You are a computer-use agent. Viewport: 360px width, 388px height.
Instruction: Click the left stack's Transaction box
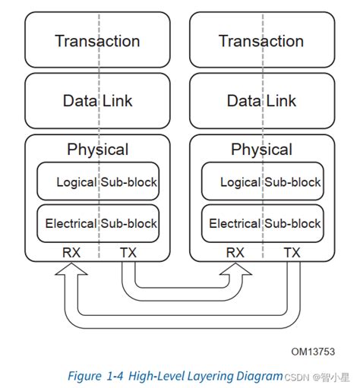tap(97, 41)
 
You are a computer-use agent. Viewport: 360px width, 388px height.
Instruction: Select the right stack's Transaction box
tap(261, 41)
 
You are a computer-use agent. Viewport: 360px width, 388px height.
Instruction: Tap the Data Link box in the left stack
tap(97, 100)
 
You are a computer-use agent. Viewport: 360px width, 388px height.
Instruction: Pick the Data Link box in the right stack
tap(261, 100)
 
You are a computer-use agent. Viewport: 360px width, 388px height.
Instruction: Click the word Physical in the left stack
tap(97, 150)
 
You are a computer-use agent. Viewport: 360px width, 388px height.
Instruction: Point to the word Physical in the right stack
tap(261, 150)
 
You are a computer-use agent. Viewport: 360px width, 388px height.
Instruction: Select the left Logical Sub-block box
tap(98, 182)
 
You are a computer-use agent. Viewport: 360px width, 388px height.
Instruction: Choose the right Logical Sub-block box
tap(262, 182)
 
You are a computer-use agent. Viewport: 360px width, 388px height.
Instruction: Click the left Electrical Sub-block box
tap(98, 223)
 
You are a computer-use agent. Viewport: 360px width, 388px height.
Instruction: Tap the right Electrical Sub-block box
tap(262, 223)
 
